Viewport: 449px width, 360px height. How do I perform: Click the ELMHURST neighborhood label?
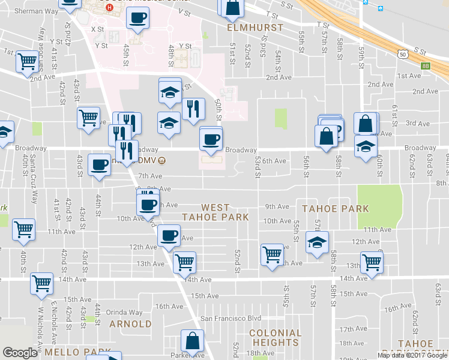coord(246,28)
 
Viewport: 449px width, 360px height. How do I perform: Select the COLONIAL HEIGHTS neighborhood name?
coord(275,338)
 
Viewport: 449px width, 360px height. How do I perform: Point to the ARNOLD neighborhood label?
coord(131,324)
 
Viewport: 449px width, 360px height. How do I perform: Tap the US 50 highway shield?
coord(402,54)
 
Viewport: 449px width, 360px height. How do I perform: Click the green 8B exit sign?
coord(426,67)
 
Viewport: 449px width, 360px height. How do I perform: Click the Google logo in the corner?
coord(20,353)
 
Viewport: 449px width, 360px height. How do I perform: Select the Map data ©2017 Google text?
coord(412,355)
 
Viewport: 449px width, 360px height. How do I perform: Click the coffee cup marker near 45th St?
coord(137,18)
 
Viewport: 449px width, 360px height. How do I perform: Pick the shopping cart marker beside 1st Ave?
coord(27,60)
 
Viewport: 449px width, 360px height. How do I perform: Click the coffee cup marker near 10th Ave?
coord(147,205)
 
